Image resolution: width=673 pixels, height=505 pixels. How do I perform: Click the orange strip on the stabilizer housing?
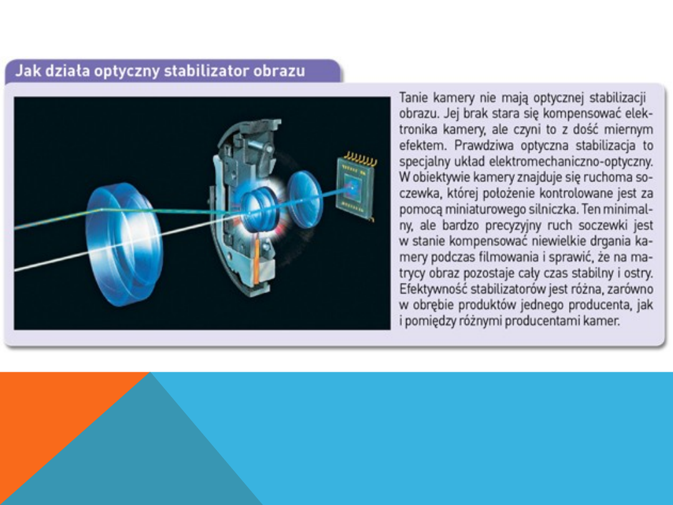pyautogui.click(x=257, y=262)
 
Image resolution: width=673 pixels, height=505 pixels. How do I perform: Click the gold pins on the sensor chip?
pyautogui.click(x=361, y=160)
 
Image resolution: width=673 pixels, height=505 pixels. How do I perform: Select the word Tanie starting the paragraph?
pyautogui.click(x=414, y=98)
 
